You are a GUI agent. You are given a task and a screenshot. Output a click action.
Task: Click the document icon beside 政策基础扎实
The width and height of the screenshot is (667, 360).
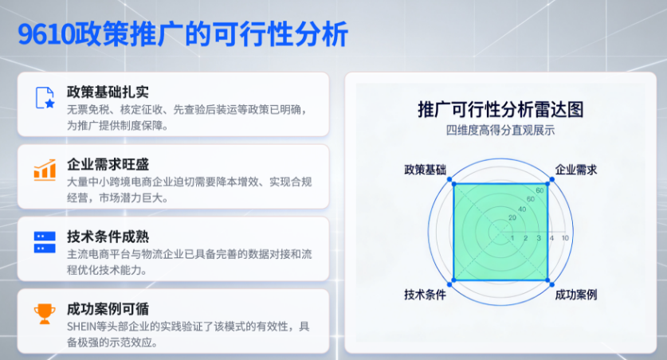[45, 97]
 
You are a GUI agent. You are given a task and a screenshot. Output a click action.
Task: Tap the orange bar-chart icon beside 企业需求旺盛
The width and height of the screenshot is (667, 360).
[45, 169]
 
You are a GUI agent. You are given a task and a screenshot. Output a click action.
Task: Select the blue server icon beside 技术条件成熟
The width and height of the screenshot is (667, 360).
[45, 241]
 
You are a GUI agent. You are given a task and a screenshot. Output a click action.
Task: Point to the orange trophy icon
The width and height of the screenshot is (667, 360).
[45, 314]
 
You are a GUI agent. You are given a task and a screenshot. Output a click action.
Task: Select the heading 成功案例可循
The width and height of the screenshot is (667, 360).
[108, 309]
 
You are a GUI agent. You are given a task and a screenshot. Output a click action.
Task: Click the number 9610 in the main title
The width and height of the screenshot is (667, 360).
[46, 33]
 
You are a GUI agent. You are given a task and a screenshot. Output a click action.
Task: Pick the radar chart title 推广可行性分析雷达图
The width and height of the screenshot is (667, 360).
[500, 109]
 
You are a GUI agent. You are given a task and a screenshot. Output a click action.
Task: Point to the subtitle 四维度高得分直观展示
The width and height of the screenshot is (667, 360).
[500, 131]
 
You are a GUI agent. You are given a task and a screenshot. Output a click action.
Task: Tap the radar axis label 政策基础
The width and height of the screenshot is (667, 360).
[425, 170]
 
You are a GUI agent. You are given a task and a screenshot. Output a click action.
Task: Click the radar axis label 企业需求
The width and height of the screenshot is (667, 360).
[576, 170]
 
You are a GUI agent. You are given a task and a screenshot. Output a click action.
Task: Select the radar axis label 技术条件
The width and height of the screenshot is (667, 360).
[425, 295]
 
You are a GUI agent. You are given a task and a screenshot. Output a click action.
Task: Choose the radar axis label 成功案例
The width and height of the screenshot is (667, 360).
[576, 295]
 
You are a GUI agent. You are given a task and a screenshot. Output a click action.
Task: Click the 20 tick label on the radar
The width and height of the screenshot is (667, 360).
[512, 217]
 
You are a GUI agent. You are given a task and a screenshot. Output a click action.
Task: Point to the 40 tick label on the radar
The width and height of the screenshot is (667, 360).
[523, 209]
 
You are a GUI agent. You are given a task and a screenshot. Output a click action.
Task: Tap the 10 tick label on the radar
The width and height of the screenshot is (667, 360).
[565, 238]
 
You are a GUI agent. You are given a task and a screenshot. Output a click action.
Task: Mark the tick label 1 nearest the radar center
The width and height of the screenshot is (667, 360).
[512, 238]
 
